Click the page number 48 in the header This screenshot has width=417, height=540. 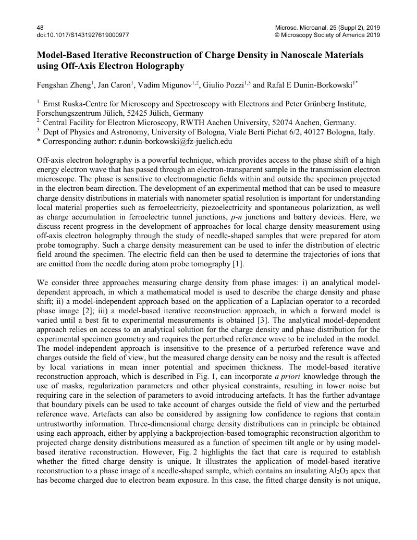tap(40, 27)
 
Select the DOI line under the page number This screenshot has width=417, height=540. tap(83, 35)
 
